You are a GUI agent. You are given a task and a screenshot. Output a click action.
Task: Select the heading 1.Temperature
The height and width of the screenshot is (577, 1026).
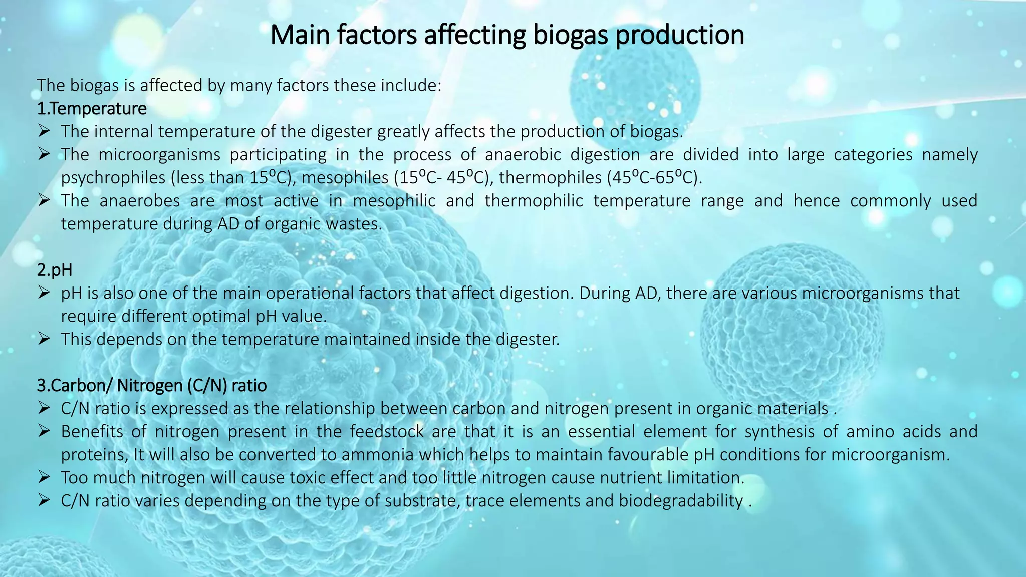(92, 109)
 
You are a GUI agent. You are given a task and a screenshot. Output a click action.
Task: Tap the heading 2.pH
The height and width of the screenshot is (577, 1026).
(55, 270)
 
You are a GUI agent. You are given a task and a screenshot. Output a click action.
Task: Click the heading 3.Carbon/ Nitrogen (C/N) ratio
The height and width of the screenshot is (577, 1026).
(151, 386)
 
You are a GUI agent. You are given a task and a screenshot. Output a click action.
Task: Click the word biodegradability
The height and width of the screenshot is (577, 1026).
(680, 501)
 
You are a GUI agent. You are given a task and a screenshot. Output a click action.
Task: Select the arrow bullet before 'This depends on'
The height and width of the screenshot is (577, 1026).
(44, 340)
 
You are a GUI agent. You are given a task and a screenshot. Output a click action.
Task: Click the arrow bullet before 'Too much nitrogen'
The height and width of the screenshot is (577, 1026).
(44, 478)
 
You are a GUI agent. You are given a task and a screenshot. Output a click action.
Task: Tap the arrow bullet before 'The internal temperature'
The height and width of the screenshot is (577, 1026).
(44, 132)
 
